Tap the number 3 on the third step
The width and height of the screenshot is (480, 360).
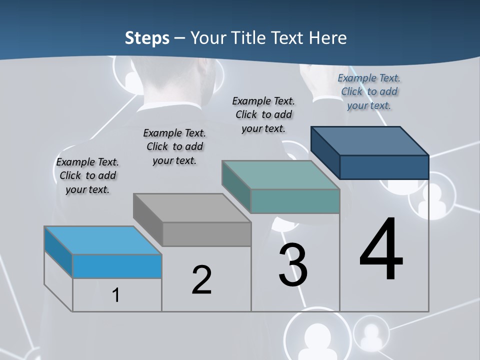292,265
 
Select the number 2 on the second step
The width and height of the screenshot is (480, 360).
201,279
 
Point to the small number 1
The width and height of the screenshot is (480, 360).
116,295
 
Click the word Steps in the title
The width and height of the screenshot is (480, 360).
146,37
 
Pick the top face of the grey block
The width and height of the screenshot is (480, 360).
192,207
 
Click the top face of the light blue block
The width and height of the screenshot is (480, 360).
103,240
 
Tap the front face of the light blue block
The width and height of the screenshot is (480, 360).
117,266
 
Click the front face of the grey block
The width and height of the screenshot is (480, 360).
206,234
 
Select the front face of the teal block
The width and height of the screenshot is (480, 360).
295,201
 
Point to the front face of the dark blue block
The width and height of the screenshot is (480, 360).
384,167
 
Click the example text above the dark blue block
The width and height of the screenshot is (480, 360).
369,91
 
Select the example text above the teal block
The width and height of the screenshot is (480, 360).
263,114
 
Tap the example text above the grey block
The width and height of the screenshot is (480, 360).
174,146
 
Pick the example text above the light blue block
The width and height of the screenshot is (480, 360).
87,175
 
